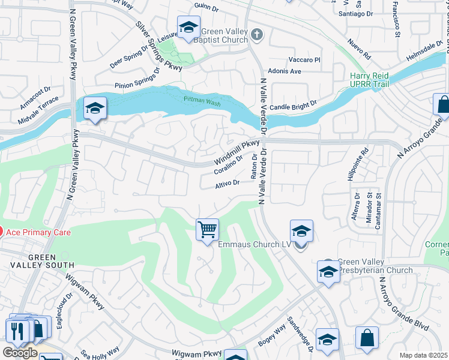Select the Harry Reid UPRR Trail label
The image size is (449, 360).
pyautogui.click(x=369, y=81)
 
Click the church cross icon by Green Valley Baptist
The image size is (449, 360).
pyautogui.click(x=258, y=34)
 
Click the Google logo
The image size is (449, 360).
pyautogui.click(x=20, y=353)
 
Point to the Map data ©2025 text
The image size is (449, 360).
pyautogui.click(x=424, y=355)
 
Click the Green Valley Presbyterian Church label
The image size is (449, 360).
pyautogui.click(x=375, y=266)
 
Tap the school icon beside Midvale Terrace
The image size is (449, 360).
pyautogui.click(x=95, y=108)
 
